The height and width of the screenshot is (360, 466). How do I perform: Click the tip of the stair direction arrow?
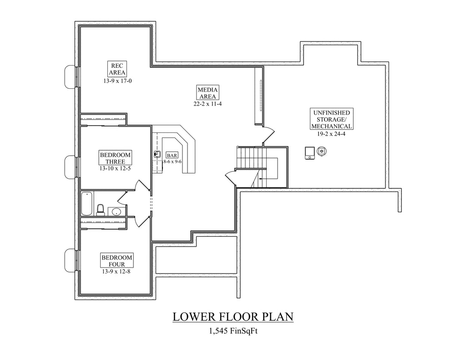point(259,179)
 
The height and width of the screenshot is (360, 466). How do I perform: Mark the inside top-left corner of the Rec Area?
point(81,28)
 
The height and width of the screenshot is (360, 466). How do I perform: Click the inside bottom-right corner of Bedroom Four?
point(150,293)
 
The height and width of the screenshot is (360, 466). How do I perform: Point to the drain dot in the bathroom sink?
point(116,212)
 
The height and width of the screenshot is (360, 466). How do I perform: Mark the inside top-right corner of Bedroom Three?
point(150,127)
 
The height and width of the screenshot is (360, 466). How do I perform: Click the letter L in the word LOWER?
point(177,317)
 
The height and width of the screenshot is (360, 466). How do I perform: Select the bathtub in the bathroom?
point(87,203)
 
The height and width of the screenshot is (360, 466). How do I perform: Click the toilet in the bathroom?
point(101,210)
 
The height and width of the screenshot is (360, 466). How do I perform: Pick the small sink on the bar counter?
point(157,154)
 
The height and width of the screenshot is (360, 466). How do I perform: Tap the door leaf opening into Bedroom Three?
point(142,186)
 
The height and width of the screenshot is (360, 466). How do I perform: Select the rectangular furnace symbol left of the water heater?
point(310,153)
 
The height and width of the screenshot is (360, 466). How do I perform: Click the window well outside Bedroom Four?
point(71,260)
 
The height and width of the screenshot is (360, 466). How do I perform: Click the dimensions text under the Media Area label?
point(208,104)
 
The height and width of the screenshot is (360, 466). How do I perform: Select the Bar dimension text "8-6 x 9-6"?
point(172,162)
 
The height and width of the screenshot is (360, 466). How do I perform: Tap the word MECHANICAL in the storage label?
point(332,126)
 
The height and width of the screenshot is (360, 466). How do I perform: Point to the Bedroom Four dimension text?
point(116,271)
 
